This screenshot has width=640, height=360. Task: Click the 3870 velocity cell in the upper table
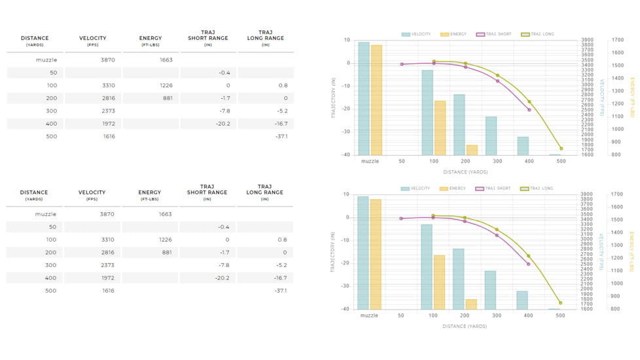coord(107,60)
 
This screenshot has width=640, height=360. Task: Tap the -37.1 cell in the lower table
coord(281,291)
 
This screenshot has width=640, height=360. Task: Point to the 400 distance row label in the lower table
coord(50,278)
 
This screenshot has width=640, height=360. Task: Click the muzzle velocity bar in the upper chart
coord(364,98)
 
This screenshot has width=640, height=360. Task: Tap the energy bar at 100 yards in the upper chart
coord(440,128)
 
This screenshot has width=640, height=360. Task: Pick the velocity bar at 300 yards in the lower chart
coord(490,290)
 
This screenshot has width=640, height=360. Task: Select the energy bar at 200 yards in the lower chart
coord(471,304)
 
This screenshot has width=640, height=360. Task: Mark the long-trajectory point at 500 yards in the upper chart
coord(561,149)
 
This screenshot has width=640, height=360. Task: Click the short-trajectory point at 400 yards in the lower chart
coord(529,264)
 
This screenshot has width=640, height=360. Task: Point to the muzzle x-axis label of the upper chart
coord(370,161)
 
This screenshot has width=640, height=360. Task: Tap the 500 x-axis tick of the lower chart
coord(560,315)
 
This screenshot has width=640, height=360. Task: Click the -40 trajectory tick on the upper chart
coord(346,155)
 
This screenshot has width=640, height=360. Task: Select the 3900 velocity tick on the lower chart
coord(586,194)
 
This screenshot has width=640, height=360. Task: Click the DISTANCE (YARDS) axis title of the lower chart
coord(465,326)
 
